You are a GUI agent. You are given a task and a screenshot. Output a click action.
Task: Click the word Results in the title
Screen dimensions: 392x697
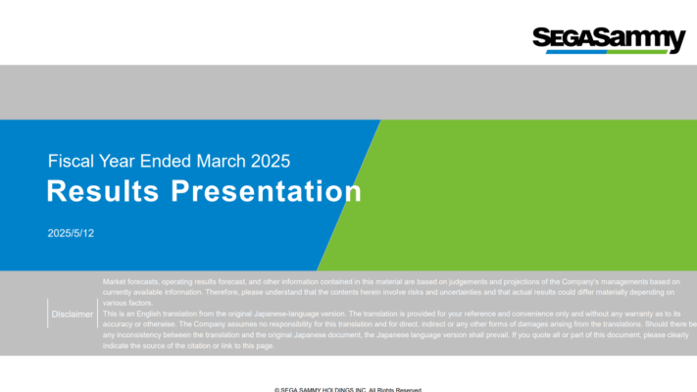105,191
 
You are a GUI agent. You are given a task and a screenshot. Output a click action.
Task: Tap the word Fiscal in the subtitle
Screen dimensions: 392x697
69,161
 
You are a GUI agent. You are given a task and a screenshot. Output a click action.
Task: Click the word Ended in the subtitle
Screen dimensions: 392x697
165,161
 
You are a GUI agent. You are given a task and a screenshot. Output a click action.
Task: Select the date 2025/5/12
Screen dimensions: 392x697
71,233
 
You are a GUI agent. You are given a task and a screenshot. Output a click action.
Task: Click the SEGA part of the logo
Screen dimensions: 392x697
563,38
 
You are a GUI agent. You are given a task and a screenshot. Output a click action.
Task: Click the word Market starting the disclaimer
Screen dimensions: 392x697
114,282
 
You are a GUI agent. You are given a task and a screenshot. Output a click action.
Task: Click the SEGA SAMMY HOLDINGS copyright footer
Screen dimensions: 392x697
348,389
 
